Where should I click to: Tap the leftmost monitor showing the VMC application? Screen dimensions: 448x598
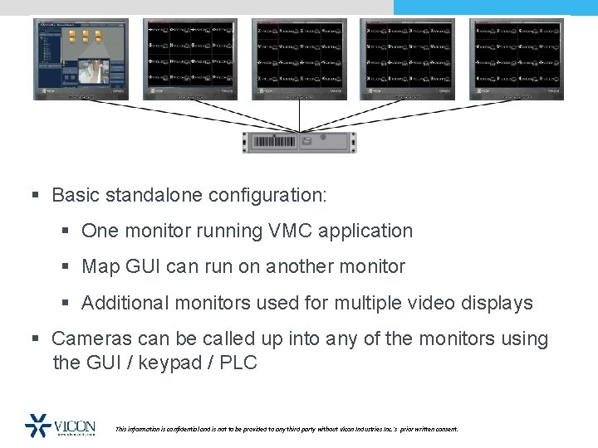tap(81, 58)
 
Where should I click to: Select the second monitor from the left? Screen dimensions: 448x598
tap(190, 58)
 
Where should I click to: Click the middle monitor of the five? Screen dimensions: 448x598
tap(300, 58)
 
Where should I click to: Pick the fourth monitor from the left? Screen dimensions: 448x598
tap(408, 58)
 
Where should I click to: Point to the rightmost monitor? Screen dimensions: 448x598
tap(517, 58)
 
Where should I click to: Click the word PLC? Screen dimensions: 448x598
tap(238, 363)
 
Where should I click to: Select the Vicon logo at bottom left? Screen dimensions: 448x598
tap(61, 426)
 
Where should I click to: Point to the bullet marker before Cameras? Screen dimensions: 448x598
tap(36, 338)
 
